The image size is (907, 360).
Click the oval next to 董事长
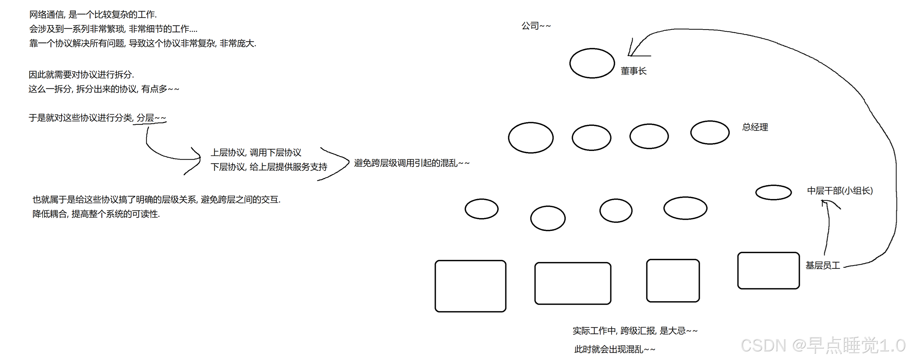pyautogui.click(x=592, y=63)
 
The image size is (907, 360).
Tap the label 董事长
pyautogui.click(x=634, y=71)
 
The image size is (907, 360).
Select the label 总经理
pyautogui.click(x=755, y=127)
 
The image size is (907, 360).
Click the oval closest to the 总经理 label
pyautogui.click(x=710, y=133)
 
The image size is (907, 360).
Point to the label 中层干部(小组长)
pyautogui.click(x=840, y=191)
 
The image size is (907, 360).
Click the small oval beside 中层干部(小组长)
pyautogui.click(x=773, y=192)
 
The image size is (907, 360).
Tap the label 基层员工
pyautogui.click(x=823, y=266)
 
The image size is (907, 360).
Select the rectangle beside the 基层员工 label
pyautogui.click(x=768, y=271)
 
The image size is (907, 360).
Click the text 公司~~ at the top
pyautogui.click(x=536, y=26)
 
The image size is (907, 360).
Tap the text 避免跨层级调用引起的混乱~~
pyautogui.click(x=411, y=163)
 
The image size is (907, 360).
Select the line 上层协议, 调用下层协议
pyautogui.click(x=256, y=153)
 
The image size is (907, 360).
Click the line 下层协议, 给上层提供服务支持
pyautogui.click(x=269, y=167)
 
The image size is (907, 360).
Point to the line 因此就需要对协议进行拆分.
pyautogui.click(x=81, y=75)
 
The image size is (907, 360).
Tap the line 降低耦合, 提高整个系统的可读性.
pyautogui.click(x=96, y=214)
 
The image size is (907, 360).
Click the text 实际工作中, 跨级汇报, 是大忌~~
pyautogui.click(x=635, y=331)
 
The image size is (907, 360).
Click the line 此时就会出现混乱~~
pyautogui.click(x=615, y=350)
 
